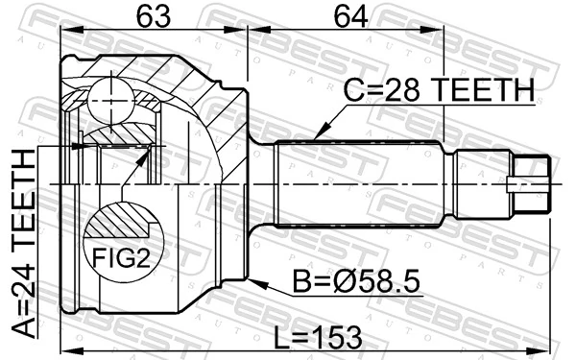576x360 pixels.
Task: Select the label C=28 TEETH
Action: coord(439,90)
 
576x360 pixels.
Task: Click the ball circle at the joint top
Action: coord(110,96)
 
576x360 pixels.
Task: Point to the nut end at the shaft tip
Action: coord(531,181)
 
